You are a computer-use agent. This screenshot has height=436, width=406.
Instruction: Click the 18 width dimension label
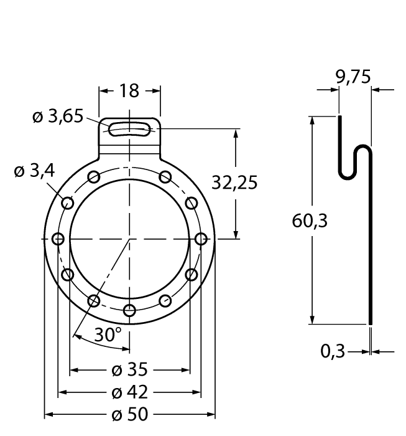coord(129,91)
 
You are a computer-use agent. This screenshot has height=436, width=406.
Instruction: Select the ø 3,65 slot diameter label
coord(57,116)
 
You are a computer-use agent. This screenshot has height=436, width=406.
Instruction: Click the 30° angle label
coord(108,334)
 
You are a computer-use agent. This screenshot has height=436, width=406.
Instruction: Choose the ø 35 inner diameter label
coord(129,370)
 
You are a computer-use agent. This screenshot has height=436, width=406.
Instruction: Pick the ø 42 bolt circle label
coord(129,392)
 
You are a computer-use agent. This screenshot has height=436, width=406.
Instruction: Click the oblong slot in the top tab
coord(129,130)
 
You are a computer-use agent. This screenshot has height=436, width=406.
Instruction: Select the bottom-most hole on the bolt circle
coord(129,310)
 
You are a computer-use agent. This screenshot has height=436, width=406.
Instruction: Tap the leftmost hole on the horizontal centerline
coord(58,239)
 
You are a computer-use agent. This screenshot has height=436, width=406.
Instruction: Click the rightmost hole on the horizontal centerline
coord(201,239)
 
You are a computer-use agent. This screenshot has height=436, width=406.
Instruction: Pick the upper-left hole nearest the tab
coord(94,177)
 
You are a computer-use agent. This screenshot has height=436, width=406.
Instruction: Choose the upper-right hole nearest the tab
coord(165,177)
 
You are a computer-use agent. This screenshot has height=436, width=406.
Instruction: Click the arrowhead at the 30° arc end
coord(76,336)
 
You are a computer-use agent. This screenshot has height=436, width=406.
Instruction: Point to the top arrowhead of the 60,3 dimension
coord(311,120)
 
